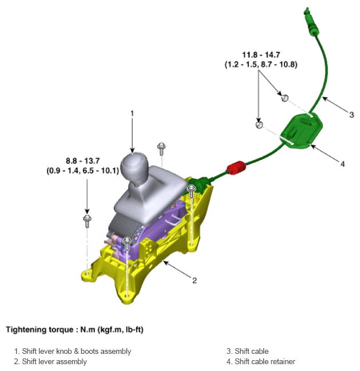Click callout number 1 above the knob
(x=132, y=113)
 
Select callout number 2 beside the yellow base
(x=195, y=280)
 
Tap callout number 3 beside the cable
(x=351, y=114)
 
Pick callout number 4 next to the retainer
(x=342, y=164)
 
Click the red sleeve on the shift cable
(x=236, y=168)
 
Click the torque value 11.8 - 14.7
(x=260, y=55)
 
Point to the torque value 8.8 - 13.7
(x=82, y=162)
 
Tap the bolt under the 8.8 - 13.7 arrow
(x=87, y=220)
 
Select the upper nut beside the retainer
(x=284, y=97)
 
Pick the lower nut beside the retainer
(x=259, y=124)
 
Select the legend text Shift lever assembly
(x=54, y=361)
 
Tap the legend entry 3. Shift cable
(x=247, y=351)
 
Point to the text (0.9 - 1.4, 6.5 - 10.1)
(x=82, y=171)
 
